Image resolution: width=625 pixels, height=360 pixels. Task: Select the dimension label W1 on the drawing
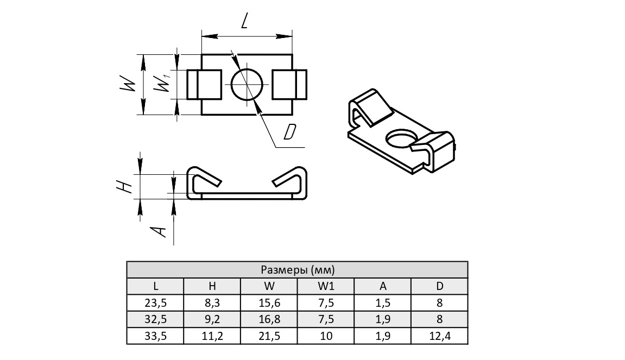tap(163, 84)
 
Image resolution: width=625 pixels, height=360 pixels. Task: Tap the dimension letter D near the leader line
tap(291, 132)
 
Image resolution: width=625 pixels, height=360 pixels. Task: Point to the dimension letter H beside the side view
tap(126, 186)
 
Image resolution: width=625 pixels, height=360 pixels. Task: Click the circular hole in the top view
tap(247, 84)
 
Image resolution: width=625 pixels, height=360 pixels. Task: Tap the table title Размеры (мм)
tap(297, 270)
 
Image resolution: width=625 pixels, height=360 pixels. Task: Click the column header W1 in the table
tap(326, 286)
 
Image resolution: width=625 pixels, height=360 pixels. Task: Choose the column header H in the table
tap(212, 286)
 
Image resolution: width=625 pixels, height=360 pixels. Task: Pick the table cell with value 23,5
tap(155, 303)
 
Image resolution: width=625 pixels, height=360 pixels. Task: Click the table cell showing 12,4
tap(439, 337)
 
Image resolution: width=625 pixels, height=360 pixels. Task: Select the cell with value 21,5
tap(269, 337)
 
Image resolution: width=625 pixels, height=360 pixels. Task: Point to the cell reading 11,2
tap(212, 337)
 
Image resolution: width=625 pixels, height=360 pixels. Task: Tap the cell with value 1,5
tap(382, 303)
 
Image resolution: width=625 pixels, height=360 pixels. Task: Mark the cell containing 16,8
tap(269, 320)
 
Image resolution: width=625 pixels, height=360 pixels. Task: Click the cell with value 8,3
tap(212, 303)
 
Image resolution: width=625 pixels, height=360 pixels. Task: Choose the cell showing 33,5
tap(155, 337)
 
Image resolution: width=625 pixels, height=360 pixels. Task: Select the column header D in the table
tap(439, 286)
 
